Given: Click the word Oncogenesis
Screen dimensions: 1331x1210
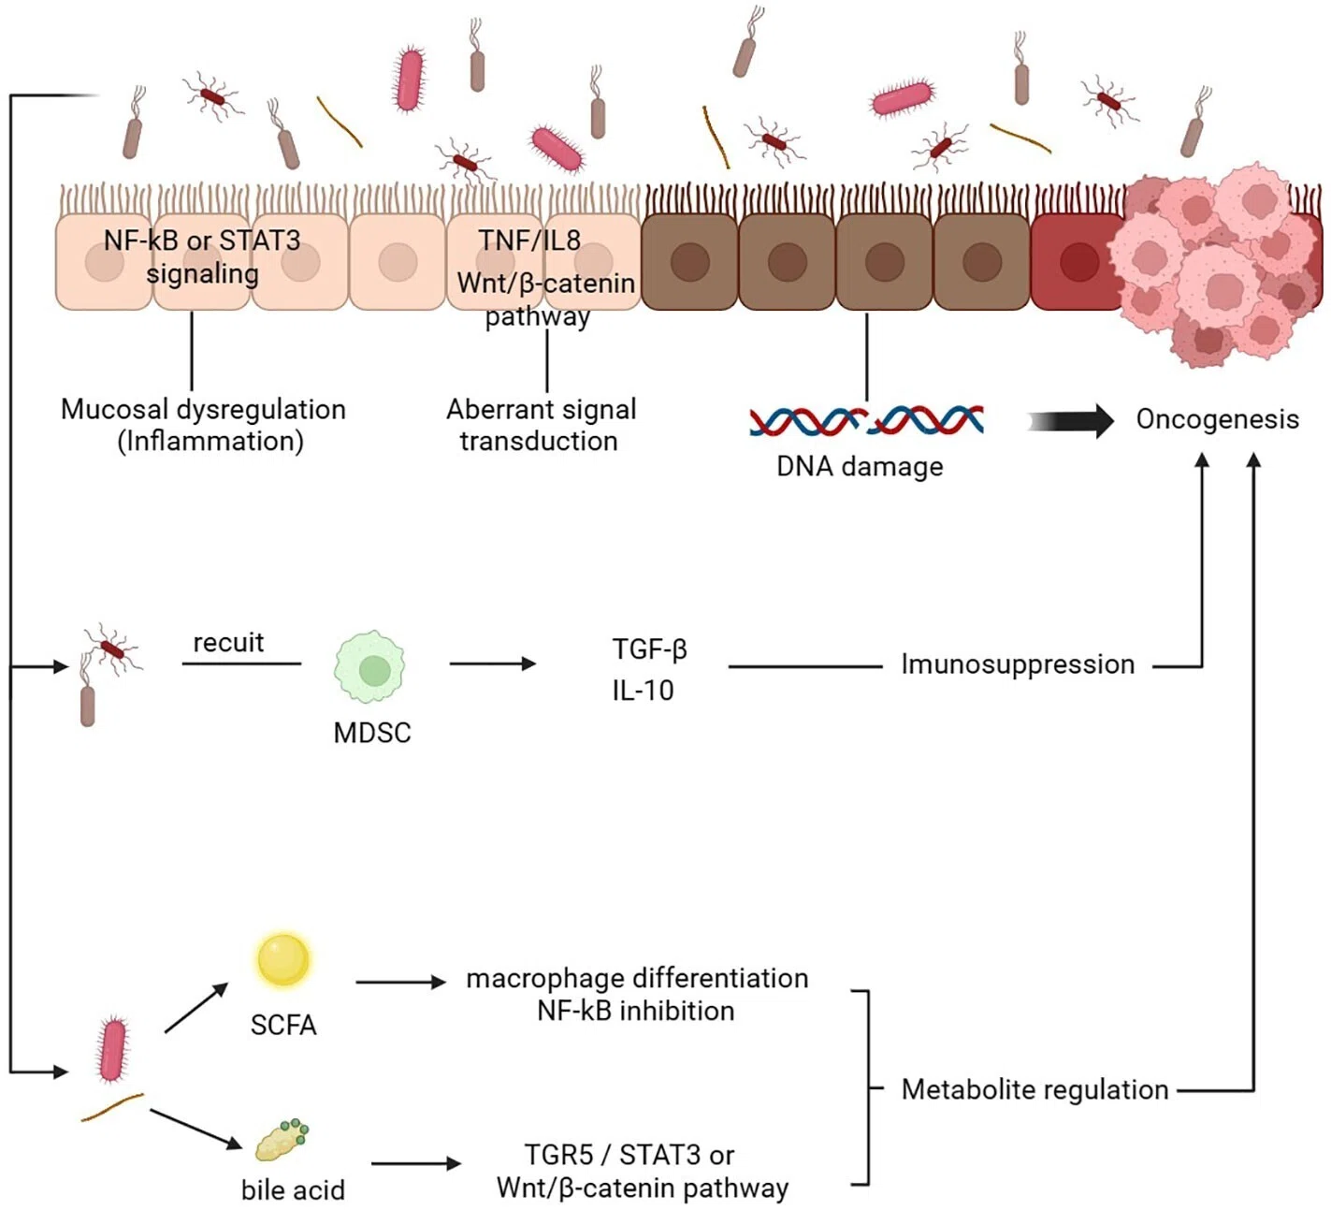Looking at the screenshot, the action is [x=1217, y=419].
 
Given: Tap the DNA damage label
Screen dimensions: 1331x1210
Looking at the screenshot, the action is [x=860, y=466].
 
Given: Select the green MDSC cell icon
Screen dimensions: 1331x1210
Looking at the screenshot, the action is [x=370, y=665].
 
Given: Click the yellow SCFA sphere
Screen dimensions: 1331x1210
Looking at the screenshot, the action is [x=283, y=959].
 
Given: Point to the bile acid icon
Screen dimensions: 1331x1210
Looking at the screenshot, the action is [x=282, y=1140].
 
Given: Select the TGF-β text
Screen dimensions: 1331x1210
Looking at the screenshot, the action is [x=649, y=649].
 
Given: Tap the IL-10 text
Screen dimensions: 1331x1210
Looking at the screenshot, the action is [x=643, y=691].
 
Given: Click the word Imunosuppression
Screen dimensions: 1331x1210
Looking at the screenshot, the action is [x=1018, y=664].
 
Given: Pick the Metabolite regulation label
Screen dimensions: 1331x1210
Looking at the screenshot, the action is [x=1034, y=1090].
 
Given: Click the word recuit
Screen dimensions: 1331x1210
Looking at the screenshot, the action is [x=228, y=642].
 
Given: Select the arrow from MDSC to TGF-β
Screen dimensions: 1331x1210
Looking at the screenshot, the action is [x=492, y=663].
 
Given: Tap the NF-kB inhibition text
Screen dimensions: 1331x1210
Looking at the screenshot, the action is [x=636, y=1011].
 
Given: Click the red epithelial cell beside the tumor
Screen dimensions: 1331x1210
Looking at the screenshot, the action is [x=1077, y=262].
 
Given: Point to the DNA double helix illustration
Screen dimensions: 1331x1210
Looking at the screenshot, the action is [x=866, y=420].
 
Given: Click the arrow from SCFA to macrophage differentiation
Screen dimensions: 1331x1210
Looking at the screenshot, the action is [x=400, y=982].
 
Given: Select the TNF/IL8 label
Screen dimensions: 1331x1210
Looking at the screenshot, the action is [x=529, y=240].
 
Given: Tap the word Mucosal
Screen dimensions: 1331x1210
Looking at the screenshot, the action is [x=115, y=409].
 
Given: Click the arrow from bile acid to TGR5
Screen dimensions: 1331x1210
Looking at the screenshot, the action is [x=416, y=1163].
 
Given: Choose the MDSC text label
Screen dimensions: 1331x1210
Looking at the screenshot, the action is [x=372, y=733].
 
